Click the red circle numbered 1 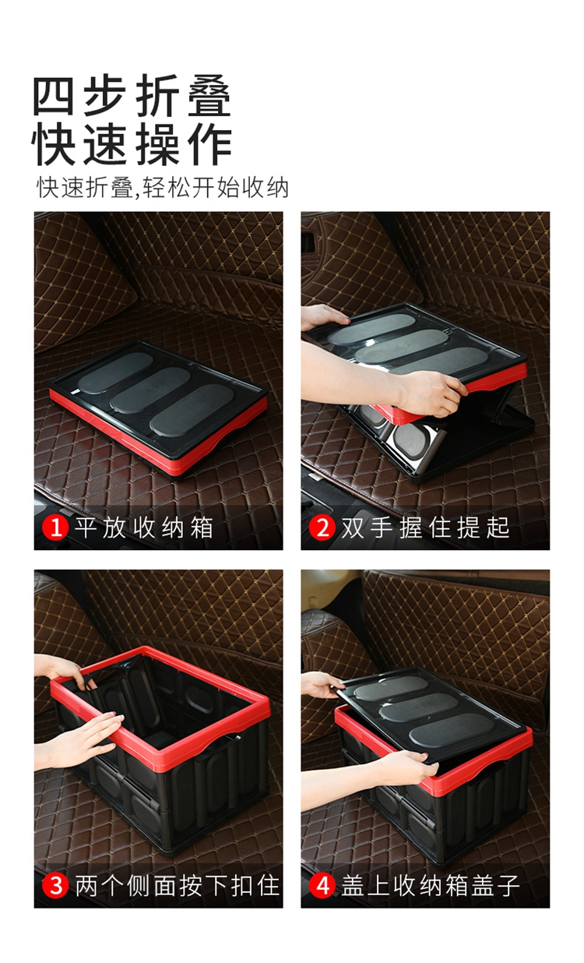[x=55, y=527]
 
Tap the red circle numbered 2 [x=322, y=527]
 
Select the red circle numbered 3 [x=55, y=886]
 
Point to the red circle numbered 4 [x=322, y=886]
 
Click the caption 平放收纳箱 [x=144, y=527]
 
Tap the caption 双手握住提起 [x=425, y=527]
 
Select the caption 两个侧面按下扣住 [x=178, y=886]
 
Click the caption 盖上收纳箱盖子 [x=430, y=886]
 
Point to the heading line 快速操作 [x=132, y=145]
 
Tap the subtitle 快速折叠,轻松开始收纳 [x=163, y=188]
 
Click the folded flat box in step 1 [x=158, y=408]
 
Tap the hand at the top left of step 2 [x=323, y=316]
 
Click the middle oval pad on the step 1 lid [x=150, y=390]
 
